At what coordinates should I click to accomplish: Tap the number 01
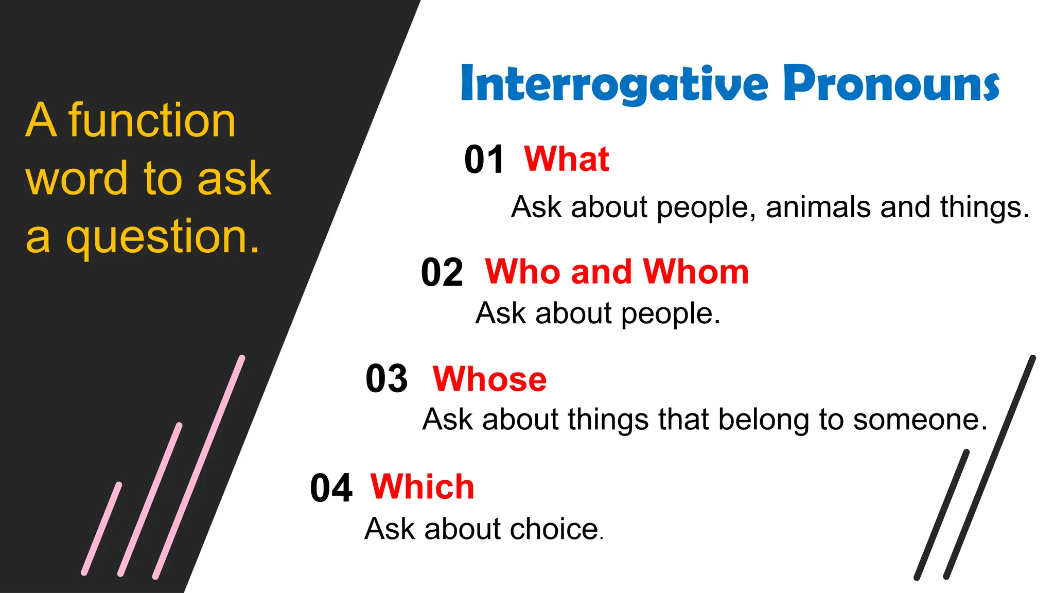[484, 160]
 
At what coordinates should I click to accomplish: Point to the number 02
[442, 272]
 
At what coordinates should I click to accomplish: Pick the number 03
[387, 379]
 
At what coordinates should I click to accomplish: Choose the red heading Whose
[489, 379]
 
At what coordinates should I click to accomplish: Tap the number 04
[331, 488]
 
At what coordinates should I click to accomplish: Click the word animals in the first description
[818, 207]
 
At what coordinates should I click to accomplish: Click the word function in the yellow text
[152, 120]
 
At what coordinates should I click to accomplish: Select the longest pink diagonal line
[199, 467]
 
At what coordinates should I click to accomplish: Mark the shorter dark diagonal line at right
[941, 515]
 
